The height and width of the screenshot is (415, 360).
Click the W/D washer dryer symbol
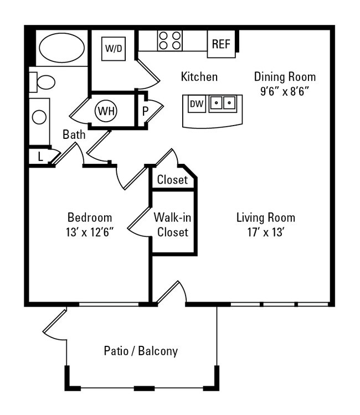click(114, 49)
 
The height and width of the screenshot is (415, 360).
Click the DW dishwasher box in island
click(196, 103)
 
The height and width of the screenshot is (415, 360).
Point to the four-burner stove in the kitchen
click(169, 40)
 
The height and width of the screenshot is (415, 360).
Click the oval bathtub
click(60, 49)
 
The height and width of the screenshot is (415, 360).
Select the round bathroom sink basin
click(39, 117)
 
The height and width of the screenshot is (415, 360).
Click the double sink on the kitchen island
click(223, 102)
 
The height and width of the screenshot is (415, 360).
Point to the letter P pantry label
click(145, 111)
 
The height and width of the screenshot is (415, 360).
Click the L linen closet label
click(40, 157)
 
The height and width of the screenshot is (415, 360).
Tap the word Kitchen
click(199, 77)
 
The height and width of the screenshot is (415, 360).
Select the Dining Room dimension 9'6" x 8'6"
click(285, 91)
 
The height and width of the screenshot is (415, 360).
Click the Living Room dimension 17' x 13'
click(266, 232)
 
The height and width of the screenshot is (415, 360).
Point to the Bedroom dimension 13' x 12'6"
click(90, 232)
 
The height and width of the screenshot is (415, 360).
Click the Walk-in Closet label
click(173, 225)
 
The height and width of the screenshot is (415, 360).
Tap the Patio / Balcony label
click(141, 351)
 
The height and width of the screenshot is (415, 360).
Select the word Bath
click(74, 134)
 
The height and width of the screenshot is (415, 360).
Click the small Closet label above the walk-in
click(172, 180)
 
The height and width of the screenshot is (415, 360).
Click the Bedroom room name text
click(90, 217)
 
